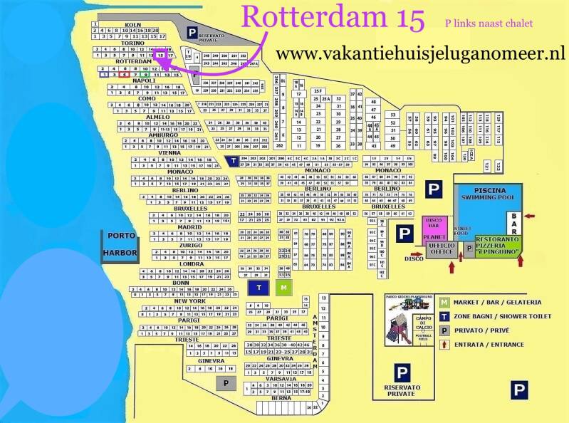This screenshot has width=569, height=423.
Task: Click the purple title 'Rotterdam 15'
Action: click(334, 16)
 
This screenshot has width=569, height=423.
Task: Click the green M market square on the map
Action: click(284, 287)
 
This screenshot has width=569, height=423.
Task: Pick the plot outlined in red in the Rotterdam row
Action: click(125, 74)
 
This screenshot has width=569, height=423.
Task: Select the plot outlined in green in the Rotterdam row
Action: click(145, 74)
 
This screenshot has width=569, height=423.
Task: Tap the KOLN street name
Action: click(132, 25)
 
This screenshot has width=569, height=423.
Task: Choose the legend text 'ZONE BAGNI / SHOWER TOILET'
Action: click(506, 316)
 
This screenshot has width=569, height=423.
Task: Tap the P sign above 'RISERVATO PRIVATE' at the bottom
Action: click(402, 372)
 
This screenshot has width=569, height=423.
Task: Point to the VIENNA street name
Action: click(170, 153)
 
